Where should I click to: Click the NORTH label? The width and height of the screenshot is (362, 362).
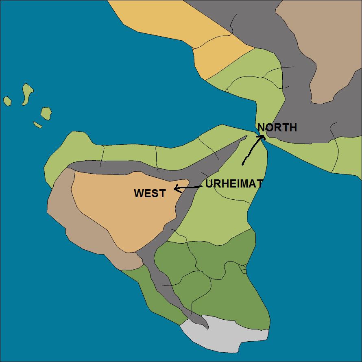point(277,128)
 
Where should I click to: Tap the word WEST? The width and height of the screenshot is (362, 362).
point(150,194)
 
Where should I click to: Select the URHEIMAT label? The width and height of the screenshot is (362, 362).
point(234,184)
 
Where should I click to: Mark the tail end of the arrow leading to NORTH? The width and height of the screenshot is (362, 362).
point(243,164)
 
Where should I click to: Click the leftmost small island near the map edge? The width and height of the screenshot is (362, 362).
point(7,100)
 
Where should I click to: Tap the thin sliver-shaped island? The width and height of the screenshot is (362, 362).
point(37,125)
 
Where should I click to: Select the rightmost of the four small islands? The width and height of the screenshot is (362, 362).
point(46,113)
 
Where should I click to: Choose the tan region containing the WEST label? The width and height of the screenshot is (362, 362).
point(122,212)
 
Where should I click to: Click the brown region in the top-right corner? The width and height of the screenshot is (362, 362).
point(325,49)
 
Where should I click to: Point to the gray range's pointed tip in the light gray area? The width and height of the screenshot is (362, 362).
point(207,328)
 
